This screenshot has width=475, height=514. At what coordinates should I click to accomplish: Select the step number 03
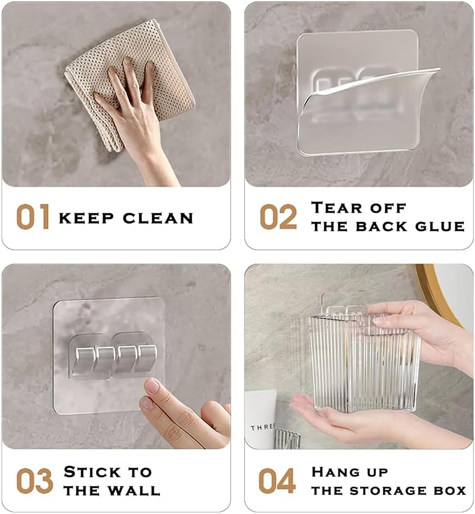[x=34, y=480]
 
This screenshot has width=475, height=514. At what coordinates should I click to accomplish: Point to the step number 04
[x=277, y=480]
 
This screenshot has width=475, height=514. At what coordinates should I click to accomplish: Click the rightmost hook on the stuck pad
[x=144, y=358]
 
